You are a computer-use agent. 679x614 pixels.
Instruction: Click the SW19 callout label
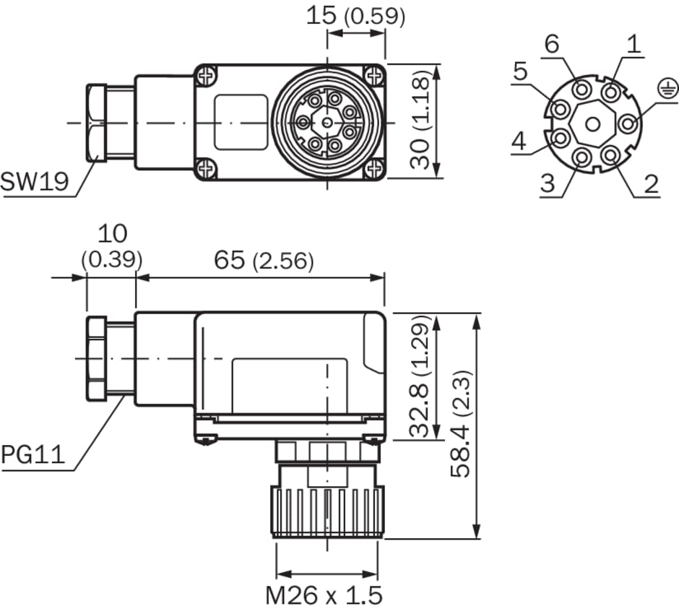pyautogui.click(x=34, y=181)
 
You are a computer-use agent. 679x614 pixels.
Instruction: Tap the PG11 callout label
pyautogui.click(x=33, y=455)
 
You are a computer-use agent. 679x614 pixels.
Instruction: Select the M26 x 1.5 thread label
pyautogui.click(x=324, y=595)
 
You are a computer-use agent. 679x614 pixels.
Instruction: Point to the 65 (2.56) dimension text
pyautogui.click(x=264, y=261)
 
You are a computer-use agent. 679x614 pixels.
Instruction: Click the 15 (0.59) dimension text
pyautogui.click(x=355, y=15)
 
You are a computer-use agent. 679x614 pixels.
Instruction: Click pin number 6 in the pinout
pyautogui.click(x=552, y=45)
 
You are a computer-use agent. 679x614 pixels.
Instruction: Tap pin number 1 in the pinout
pyautogui.click(x=633, y=45)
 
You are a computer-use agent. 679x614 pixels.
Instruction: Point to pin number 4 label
pyautogui.click(x=519, y=142)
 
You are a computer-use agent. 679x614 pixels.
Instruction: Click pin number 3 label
pyautogui.click(x=548, y=183)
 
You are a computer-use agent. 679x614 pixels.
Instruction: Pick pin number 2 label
pyautogui.click(x=652, y=183)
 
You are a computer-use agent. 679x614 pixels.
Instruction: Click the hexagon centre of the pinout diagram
pyautogui.click(x=592, y=125)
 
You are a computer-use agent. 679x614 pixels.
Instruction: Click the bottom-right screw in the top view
pyautogui.click(x=373, y=170)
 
